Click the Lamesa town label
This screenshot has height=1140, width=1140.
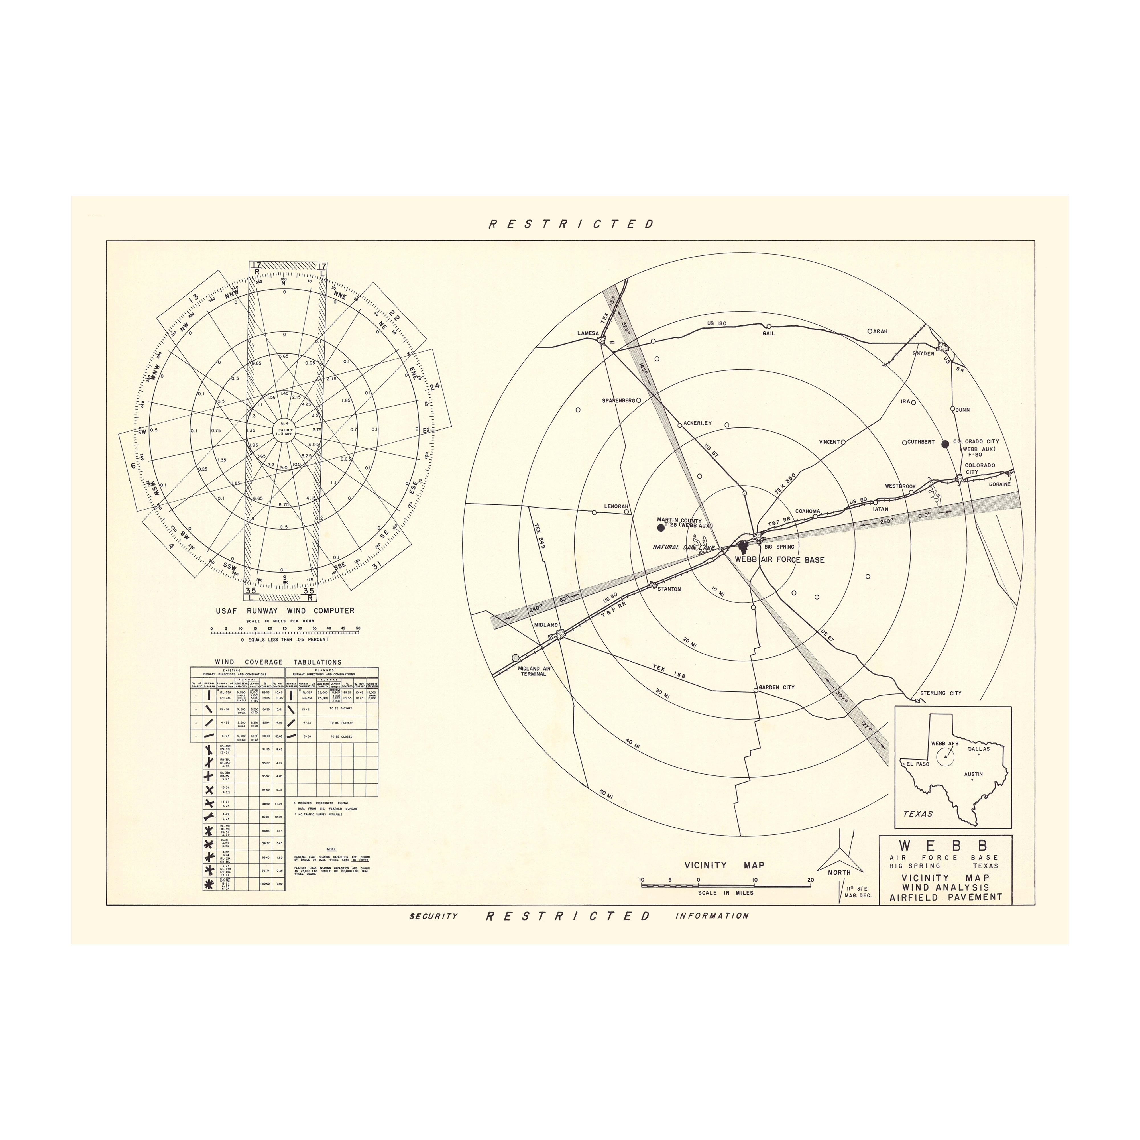pos(588,333)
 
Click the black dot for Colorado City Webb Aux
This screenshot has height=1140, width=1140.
pos(945,444)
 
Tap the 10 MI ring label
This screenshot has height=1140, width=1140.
pos(718,591)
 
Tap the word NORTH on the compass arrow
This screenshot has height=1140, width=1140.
pos(838,872)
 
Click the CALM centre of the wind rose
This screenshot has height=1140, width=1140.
pos(284,431)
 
